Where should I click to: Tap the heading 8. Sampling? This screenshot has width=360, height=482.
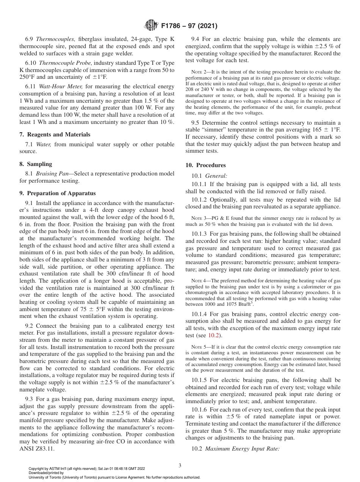(x=36, y=164)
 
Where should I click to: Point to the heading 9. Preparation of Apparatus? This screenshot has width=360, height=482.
(x=57, y=193)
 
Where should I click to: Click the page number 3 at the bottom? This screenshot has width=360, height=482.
(x=180, y=465)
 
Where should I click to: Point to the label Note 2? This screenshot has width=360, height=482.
(x=199, y=72)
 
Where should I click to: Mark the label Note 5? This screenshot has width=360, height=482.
(x=199, y=347)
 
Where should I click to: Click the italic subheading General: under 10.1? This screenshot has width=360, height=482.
(x=216, y=176)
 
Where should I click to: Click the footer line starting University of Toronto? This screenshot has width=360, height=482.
(x=114, y=477)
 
